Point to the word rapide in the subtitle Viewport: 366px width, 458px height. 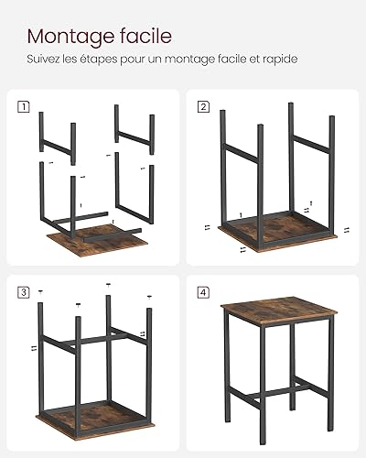click(x=280, y=59)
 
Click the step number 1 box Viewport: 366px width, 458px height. click(x=24, y=107)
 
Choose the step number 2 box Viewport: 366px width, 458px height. click(x=203, y=107)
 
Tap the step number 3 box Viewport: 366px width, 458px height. click(x=24, y=292)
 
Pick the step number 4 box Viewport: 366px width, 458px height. click(x=203, y=292)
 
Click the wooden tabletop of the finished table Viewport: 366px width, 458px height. click(x=279, y=311)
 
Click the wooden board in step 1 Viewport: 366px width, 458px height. click(x=97, y=240)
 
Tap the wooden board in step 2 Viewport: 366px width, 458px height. click(x=277, y=234)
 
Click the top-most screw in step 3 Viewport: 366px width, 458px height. click(x=108, y=285)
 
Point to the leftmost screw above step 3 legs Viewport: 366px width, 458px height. click(x=40, y=291)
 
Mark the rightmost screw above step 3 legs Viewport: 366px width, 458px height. click(x=149, y=297)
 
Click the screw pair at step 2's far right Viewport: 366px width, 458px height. click(x=346, y=230)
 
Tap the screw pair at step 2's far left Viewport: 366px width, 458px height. click(x=208, y=227)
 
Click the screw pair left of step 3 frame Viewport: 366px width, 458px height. click(x=34, y=347)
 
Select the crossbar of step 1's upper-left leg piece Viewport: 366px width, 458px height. click(x=57, y=147)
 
